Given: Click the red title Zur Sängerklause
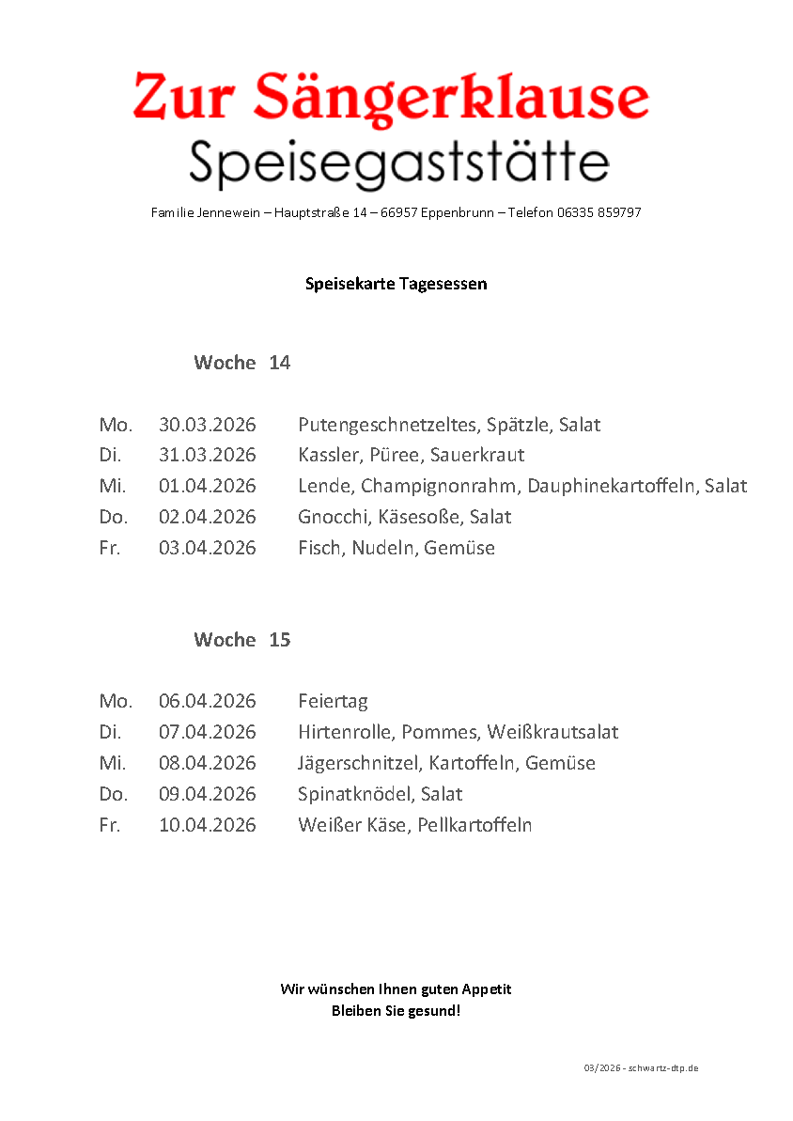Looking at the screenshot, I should coord(391,98).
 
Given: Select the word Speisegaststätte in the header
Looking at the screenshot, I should coord(398,163).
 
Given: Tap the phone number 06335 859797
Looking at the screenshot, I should coord(599,213).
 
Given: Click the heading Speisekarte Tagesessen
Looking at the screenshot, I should coord(396,283).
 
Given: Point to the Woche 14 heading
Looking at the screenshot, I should coord(241,363).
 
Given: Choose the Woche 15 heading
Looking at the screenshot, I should coord(241,640).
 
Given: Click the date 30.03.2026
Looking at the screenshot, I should coord(207,425).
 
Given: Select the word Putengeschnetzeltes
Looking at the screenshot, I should coord(388,425).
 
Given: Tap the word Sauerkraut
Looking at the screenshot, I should coord(477,456).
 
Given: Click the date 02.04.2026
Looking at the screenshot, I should coord(207,517).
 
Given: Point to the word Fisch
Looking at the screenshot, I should coord(320,548).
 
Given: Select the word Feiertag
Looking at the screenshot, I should coord(333,702).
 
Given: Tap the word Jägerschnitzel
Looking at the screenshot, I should coord(358,763).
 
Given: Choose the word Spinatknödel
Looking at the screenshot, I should coord(354,794).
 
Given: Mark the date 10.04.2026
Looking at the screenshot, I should coord(207,825).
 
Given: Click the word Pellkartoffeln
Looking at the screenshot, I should coord(474,825).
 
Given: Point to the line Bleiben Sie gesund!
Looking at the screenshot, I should coord(396,1012).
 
